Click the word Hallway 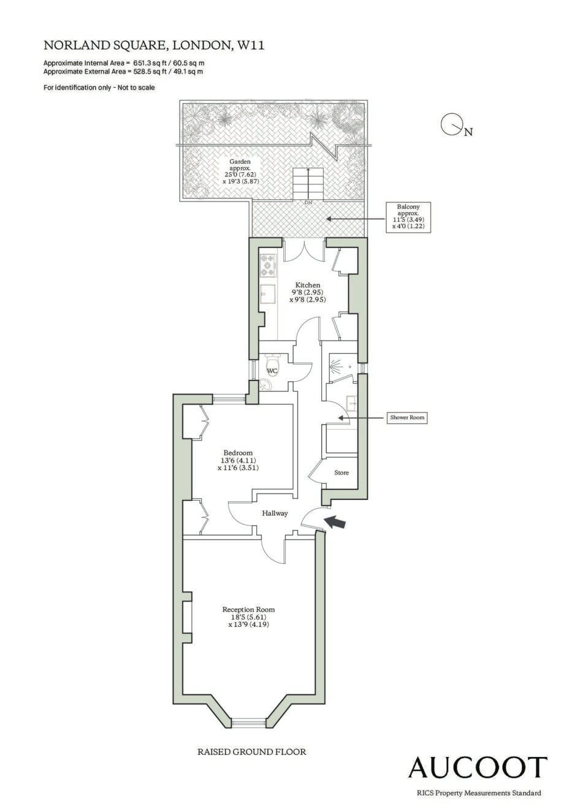coord(275,513)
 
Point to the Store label coord(341,473)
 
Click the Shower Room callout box coord(407,417)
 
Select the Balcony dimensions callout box coord(408,217)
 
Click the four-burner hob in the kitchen coord(268,265)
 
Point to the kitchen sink coord(268,294)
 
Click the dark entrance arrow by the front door coord(335,522)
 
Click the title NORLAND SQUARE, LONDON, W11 coord(154,45)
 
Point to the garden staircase coord(307,183)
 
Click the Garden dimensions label coord(240,172)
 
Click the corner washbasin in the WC coord(267,385)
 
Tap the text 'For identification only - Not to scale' coord(99,88)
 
